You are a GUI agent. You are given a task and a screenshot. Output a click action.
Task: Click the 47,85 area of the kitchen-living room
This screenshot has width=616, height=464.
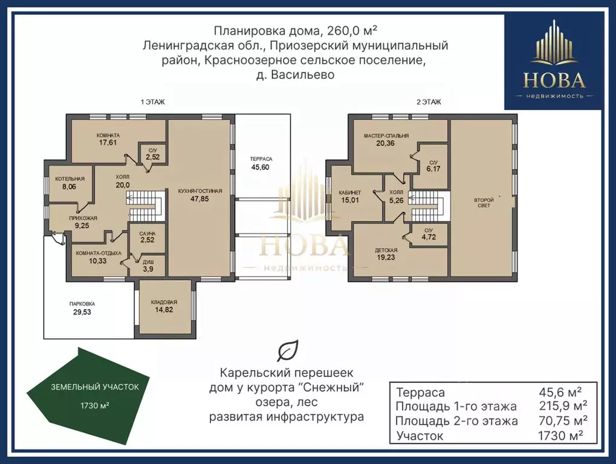[199, 199]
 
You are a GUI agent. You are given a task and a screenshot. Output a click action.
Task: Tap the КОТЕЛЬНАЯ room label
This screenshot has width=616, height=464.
[70, 179]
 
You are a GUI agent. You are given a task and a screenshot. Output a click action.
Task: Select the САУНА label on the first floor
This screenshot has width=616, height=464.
[148, 234]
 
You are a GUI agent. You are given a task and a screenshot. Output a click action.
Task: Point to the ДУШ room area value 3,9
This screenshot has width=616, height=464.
[148, 269]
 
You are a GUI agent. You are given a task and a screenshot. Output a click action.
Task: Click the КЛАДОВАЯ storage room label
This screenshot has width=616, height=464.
[164, 302]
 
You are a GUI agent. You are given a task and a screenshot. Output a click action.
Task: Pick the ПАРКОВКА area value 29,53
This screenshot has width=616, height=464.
[82, 312]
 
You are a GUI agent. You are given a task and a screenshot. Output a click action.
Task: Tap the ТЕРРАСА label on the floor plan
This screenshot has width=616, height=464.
[261, 159]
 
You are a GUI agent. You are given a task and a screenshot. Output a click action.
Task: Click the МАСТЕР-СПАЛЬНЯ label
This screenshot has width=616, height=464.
[386, 136]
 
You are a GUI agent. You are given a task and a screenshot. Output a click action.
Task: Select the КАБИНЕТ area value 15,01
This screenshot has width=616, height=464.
[349, 200]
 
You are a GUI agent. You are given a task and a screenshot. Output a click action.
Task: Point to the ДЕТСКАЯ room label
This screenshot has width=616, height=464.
[386, 250]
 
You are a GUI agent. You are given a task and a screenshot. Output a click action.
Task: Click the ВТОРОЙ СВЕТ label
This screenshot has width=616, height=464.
[484, 203]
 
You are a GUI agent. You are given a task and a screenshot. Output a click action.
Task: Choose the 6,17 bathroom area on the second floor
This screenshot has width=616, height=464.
[433, 169]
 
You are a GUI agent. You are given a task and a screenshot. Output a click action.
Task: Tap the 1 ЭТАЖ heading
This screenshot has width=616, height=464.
[153, 102]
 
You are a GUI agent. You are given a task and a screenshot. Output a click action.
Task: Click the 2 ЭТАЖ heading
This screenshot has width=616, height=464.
[429, 102]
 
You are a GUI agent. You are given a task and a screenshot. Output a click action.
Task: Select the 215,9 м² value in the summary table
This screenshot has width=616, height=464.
[563, 406]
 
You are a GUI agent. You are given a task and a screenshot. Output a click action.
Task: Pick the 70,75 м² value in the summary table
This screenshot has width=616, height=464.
[563, 420]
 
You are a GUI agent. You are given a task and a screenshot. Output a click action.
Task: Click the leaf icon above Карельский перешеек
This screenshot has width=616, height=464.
[288, 350]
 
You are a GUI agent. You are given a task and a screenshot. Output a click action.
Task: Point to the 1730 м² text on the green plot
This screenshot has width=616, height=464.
[95, 405]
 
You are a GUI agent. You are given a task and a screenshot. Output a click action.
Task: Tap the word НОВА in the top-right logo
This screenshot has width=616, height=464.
[554, 80]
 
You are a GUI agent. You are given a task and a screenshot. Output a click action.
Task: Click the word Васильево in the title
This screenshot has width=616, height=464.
[302, 75]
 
